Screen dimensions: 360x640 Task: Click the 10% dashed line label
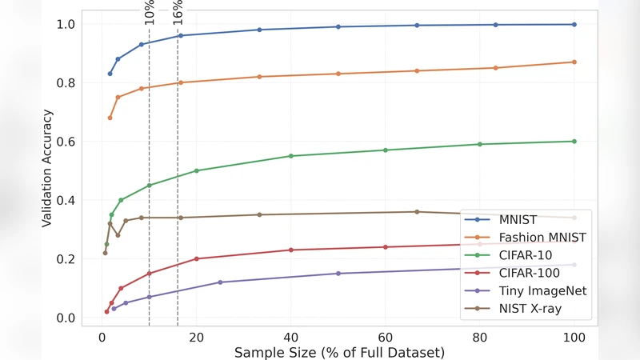(150, 11)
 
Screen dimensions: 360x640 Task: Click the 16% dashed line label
(178, 11)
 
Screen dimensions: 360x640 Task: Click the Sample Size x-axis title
(340, 352)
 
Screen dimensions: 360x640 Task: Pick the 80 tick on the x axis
(480, 337)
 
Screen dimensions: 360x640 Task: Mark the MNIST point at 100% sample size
(574, 25)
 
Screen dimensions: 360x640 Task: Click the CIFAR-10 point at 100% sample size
(574, 142)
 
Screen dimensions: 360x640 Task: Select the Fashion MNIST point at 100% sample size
(574, 62)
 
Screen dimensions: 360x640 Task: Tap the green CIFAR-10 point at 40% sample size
(291, 156)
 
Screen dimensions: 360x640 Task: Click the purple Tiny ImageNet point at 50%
(338, 274)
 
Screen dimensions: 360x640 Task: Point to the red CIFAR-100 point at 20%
(197, 258)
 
